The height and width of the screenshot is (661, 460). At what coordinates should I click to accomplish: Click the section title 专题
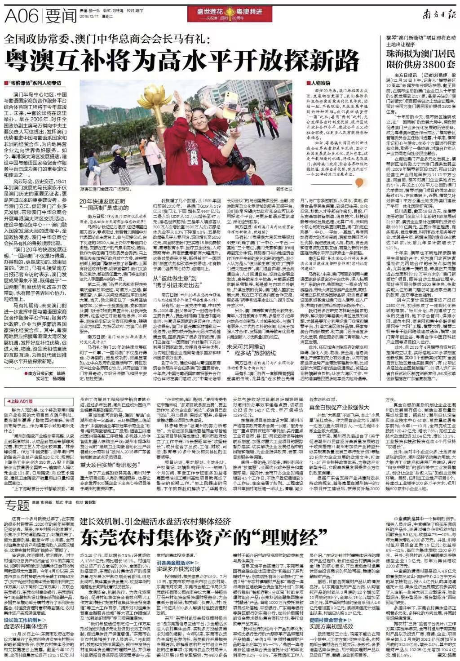(x=18, y=506)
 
